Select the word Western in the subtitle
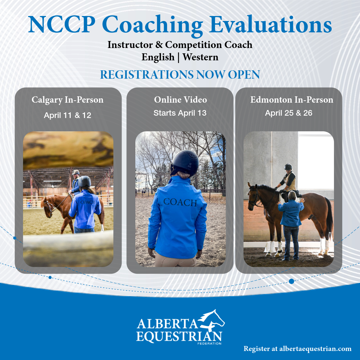[200, 57]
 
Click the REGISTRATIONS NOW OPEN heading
[180, 75]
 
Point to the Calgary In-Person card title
[68, 100]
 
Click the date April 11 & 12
[68, 116]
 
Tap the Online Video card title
[180, 100]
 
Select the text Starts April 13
[180, 113]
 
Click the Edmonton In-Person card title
[292, 100]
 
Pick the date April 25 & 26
[289, 113]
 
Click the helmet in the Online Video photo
[185, 163]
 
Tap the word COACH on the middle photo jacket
[180, 202]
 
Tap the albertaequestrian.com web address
[315, 349]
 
